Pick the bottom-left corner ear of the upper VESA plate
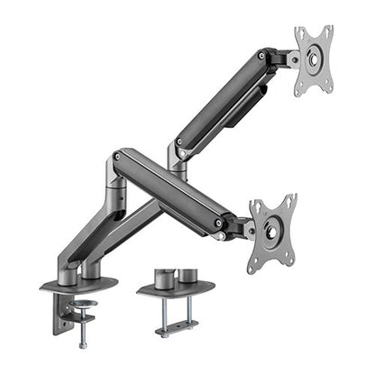click(x=300, y=93)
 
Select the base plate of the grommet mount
click(x=176, y=289)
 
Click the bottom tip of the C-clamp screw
click(x=83, y=344)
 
